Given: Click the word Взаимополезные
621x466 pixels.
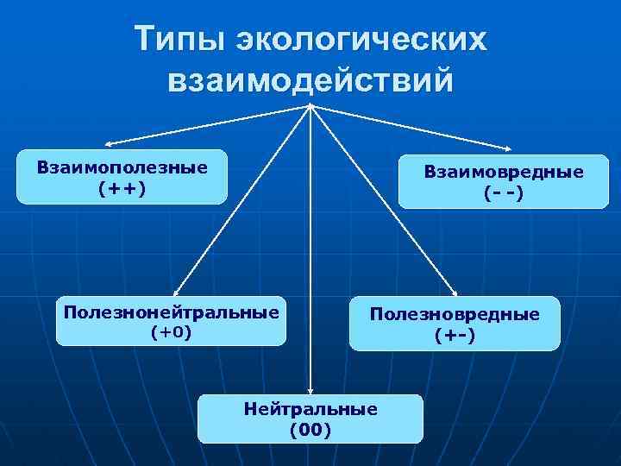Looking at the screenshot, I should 122,167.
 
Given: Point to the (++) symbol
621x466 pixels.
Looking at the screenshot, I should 122,187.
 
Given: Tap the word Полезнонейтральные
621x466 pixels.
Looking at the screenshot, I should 172,311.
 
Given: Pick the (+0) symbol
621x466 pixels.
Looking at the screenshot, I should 172,331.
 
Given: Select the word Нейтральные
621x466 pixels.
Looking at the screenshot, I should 310,409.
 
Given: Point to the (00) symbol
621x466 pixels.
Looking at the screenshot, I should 310,429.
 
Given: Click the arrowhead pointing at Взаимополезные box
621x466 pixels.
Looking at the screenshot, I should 109,143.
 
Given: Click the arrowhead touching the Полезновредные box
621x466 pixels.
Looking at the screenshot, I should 457,293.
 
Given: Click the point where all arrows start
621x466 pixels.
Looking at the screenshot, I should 310,106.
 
